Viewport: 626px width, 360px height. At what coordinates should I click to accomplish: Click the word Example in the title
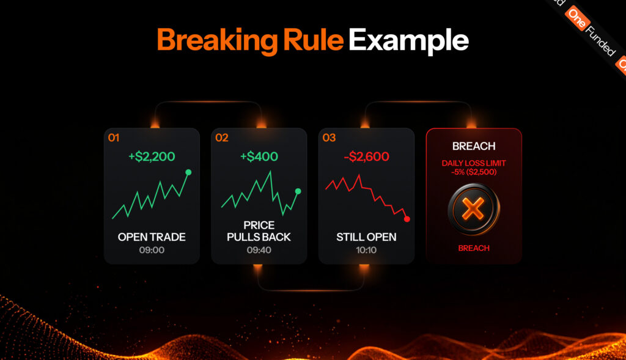point(408,41)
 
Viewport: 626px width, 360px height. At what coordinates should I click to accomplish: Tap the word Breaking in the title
point(217,41)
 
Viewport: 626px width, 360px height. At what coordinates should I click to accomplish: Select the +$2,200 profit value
point(152,156)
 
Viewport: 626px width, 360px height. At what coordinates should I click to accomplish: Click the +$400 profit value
point(259,156)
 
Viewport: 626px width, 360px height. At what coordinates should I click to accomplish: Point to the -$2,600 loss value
point(367,156)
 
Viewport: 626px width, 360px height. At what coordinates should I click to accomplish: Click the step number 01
point(114,138)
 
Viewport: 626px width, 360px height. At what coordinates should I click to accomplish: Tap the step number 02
point(221,138)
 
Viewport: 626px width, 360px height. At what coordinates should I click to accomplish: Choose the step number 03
point(329,138)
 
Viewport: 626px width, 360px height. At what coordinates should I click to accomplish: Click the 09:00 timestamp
point(152,250)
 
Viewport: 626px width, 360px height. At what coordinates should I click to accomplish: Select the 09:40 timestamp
point(259,250)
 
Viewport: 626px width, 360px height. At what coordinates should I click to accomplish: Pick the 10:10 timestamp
point(367,250)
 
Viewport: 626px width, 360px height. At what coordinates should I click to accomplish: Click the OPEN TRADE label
point(152,237)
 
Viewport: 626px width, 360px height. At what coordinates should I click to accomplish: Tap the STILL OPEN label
point(367,237)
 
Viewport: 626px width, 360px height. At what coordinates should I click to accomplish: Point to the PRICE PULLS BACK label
point(259,231)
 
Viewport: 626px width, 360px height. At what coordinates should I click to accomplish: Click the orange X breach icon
point(474,209)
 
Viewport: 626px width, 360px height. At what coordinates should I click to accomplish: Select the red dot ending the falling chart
point(407,219)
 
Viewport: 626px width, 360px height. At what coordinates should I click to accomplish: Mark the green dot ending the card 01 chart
point(188,172)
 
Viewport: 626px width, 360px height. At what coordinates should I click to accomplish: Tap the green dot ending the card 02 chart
point(298,191)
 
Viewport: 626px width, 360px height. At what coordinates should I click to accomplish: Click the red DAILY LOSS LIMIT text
point(474,163)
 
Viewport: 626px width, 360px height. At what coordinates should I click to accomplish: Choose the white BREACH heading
point(474,147)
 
